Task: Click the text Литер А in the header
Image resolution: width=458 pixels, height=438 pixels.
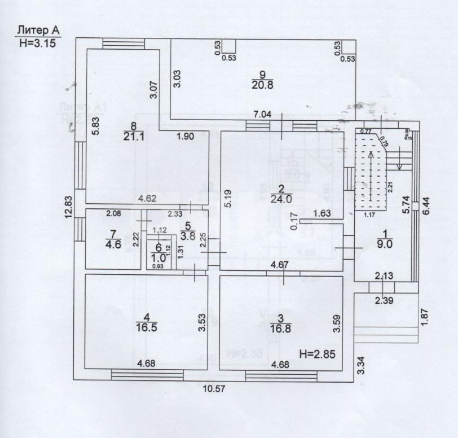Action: point(37,30)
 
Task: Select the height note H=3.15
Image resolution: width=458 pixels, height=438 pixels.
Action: point(37,42)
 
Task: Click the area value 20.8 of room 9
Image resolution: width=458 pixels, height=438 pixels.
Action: point(262,84)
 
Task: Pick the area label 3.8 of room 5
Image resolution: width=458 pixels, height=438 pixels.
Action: point(187,236)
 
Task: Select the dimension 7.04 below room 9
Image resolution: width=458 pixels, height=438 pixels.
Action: point(262,115)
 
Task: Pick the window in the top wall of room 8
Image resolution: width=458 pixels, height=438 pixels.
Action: point(124,44)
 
